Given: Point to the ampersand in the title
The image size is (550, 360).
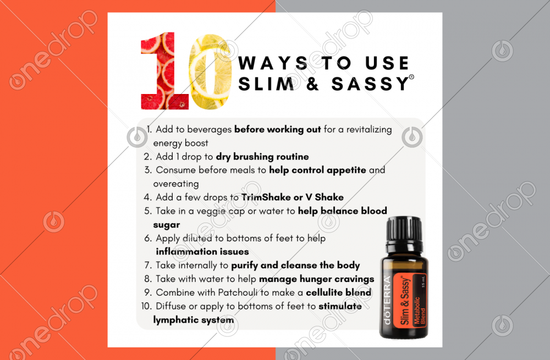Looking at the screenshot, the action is (312, 84).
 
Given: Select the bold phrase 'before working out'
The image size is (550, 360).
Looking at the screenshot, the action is (277, 129).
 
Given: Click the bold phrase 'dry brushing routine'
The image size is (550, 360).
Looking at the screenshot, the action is (262, 157).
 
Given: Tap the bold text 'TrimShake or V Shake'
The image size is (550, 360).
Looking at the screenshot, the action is (293, 197).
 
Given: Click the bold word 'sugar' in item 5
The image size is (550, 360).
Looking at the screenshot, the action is (167, 225).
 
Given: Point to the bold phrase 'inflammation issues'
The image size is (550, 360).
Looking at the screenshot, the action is (202, 252).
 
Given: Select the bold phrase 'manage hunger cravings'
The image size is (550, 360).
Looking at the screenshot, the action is (317, 279).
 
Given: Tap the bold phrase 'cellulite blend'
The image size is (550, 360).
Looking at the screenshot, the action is (338, 292).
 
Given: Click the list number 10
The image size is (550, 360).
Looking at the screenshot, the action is (146, 306).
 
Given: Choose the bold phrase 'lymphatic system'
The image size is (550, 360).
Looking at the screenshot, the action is (193, 320).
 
